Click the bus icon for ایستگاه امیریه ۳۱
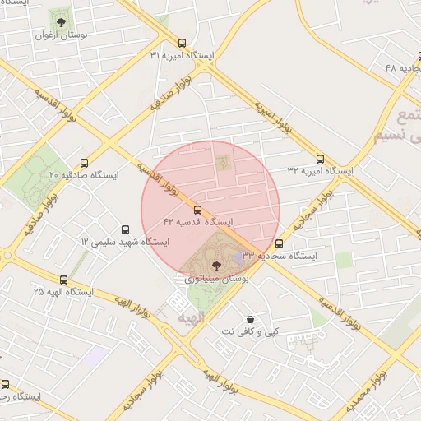182,43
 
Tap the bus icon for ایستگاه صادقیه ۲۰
84,163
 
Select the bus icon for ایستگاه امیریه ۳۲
320,159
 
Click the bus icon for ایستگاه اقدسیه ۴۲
197,210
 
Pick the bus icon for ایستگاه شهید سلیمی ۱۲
125,229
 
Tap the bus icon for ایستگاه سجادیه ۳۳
280,243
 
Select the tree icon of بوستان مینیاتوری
216,265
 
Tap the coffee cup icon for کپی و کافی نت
250,319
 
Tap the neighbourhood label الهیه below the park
192,317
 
